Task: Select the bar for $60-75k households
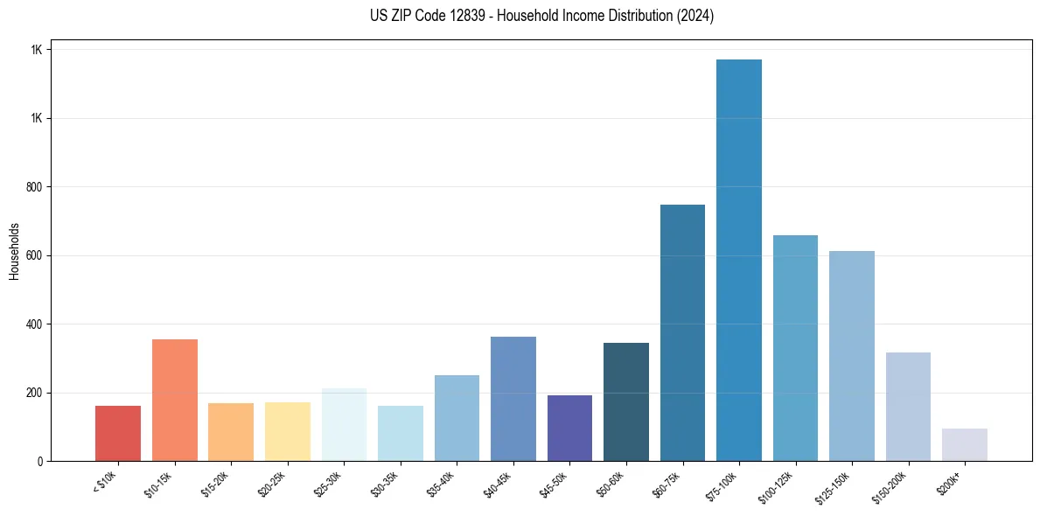[x=682, y=332]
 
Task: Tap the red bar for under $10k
[x=118, y=433]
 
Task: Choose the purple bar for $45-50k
[x=569, y=428]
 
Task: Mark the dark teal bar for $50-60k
[x=626, y=401]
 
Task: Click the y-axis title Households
[x=14, y=250]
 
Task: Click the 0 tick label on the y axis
[x=39, y=461]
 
